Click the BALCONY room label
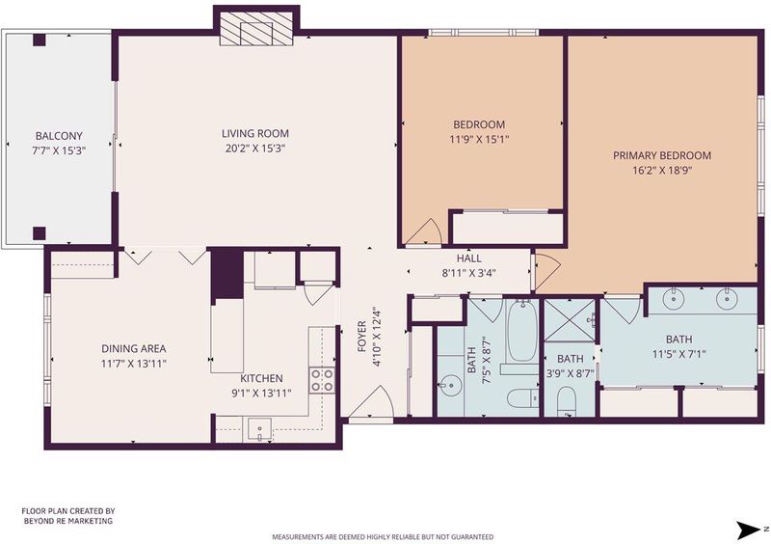pos(59,135)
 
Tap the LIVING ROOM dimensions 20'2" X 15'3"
pos(255,149)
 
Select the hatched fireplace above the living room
pos(255,29)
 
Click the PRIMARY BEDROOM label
pos(662,155)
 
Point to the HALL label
pos(468,258)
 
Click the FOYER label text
pos(362,337)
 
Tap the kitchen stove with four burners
pos(322,381)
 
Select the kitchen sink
pos(259,429)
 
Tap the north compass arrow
pos(748,530)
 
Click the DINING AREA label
pos(134,348)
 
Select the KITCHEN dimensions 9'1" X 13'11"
pos(261,394)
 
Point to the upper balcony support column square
pos(40,40)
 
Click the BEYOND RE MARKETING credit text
pos(68,521)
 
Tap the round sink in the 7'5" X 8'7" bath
pos(450,386)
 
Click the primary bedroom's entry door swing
pos(546,272)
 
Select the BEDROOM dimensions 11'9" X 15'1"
pos(479,139)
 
